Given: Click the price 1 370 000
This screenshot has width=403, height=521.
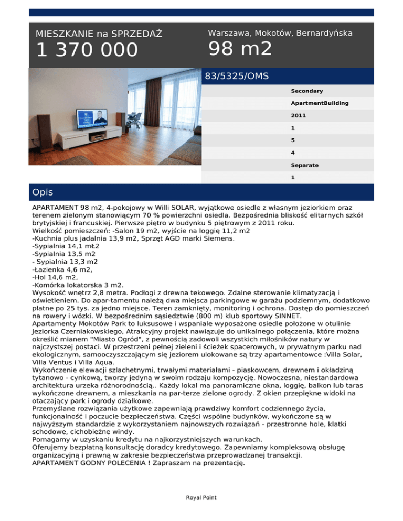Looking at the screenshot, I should pos(87,50).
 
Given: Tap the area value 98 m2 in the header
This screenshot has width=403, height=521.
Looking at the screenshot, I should pos(240,49).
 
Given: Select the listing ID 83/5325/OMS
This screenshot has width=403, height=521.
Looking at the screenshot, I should pos(237,77).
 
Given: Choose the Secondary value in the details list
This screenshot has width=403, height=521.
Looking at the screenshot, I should pos(307,91).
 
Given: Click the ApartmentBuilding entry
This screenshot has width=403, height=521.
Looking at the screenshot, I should pos(320,103).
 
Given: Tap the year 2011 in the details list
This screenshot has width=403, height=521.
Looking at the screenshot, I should pos(299,115).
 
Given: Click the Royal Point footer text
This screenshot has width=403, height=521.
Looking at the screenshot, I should pos(201,497).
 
